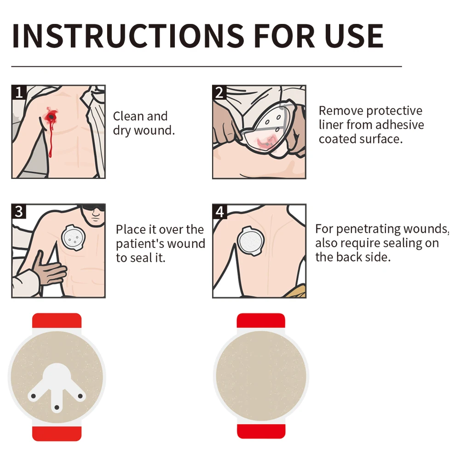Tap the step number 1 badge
point(19,92)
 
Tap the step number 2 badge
point(219,92)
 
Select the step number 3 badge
point(19,212)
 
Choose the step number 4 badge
point(219,212)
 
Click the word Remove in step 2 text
point(341,111)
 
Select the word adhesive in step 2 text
point(399,125)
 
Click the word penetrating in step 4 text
point(368,229)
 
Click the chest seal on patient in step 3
point(73,238)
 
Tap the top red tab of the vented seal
point(57,321)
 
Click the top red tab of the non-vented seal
point(261,321)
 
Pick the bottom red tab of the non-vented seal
point(261,431)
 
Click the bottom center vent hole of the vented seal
point(57,407)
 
